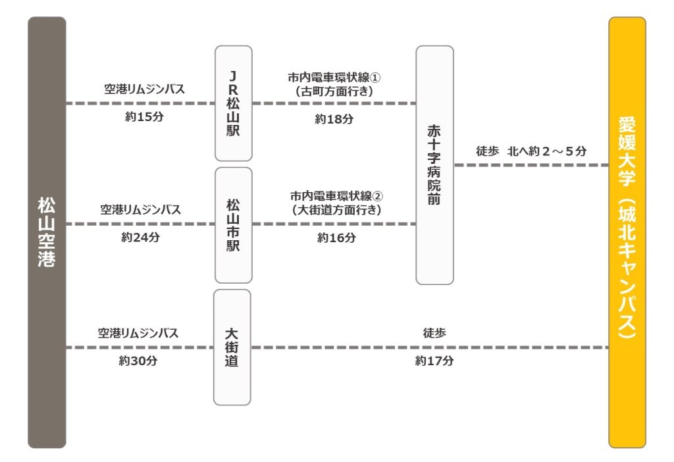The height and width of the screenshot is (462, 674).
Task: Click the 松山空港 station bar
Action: point(47,232)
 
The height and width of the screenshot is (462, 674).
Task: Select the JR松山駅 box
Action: point(234,103)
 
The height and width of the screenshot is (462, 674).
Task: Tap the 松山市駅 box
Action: point(234,225)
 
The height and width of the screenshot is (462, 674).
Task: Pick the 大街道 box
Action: point(232,347)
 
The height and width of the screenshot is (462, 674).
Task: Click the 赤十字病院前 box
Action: point(434,165)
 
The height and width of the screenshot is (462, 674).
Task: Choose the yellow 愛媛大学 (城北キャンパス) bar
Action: point(627,232)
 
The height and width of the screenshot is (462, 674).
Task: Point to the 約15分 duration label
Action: point(144,116)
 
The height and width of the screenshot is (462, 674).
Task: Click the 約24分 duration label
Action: point(141,237)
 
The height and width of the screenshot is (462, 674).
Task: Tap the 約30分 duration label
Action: point(138,361)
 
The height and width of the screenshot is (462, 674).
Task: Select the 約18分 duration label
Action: point(334,119)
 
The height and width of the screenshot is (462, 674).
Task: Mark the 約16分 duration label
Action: point(336,238)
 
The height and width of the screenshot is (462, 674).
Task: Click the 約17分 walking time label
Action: point(434,361)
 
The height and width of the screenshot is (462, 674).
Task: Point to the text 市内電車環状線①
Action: point(334,78)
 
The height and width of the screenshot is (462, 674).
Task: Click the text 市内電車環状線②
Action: point(336,196)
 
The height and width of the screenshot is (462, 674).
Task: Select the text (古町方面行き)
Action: point(334,91)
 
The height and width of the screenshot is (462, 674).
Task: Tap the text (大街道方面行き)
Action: point(336,210)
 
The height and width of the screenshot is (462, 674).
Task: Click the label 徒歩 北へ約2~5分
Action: point(531,151)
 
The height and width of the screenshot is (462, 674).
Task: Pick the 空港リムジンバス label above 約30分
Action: point(138,333)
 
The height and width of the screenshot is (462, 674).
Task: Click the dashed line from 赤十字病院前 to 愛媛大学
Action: point(531,165)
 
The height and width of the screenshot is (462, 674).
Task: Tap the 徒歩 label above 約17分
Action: point(434,333)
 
